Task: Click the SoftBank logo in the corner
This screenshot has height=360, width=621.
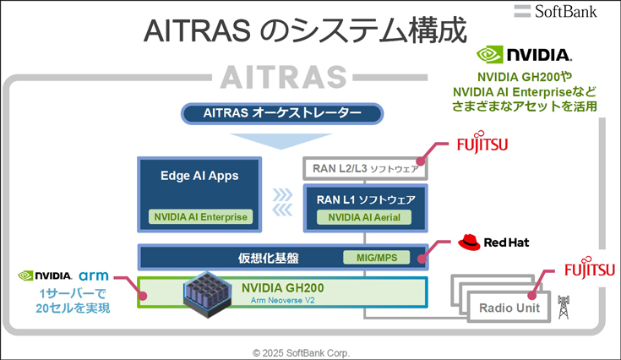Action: click(555, 11)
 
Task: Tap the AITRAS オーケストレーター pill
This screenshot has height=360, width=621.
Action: click(282, 114)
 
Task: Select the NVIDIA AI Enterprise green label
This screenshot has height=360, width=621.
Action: click(200, 217)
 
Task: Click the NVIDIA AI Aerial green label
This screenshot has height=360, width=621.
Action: click(364, 217)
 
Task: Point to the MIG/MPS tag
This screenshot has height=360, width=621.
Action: click(377, 258)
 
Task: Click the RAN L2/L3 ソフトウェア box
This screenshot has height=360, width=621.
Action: click(365, 168)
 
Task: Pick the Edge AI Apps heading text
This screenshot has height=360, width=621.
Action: click(199, 176)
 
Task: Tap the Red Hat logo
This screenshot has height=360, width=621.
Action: click(493, 242)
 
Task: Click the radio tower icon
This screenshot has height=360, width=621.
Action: click(564, 307)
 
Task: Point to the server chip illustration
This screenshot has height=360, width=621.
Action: click(208, 294)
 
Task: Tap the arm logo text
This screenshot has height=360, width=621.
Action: click(94, 275)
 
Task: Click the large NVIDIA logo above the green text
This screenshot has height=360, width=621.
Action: click(524, 55)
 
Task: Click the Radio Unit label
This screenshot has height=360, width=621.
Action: click(509, 308)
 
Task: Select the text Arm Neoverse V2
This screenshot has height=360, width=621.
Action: click(282, 301)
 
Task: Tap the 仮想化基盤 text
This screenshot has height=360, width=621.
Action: click(268, 259)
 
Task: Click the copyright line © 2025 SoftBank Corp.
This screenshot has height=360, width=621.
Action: click(302, 352)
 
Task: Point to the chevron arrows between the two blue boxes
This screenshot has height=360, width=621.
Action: click(282, 202)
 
